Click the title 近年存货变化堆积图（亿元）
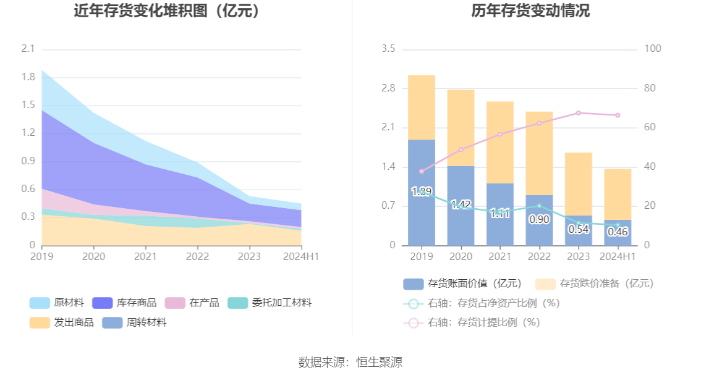(166, 11)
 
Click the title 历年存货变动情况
(522, 11)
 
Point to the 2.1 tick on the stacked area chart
(28, 49)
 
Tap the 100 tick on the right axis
(653, 49)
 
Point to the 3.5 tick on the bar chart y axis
(389, 49)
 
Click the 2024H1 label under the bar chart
(618, 256)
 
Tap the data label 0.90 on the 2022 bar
(539, 219)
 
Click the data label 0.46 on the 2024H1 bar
(618, 232)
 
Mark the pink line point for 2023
(579, 113)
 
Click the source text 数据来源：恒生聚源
(350, 362)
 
